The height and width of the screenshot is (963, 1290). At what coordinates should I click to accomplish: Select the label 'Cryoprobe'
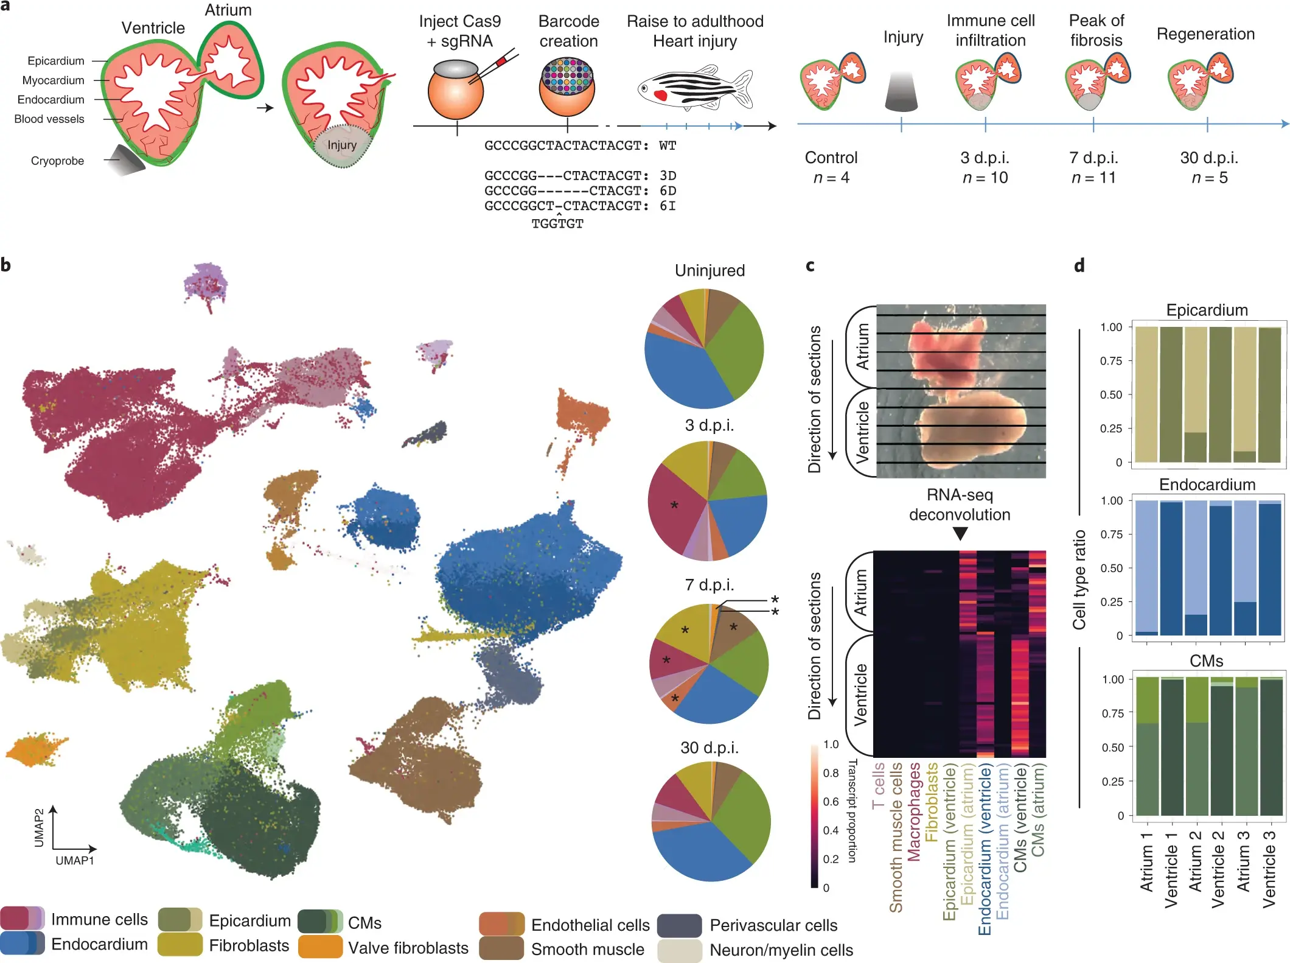click(x=57, y=161)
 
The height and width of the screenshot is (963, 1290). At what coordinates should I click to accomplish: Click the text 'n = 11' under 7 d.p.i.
click(x=1093, y=178)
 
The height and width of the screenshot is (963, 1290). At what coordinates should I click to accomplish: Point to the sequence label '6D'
click(x=668, y=191)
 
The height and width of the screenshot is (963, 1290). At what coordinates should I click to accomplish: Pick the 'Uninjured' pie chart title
click(x=709, y=270)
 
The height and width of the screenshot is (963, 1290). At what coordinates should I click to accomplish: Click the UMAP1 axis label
click(x=74, y=860)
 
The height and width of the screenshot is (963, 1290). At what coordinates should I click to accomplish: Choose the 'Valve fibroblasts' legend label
click(x=408, y=948)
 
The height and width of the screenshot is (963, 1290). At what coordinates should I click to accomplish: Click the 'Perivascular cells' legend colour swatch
click(x=680, y=925)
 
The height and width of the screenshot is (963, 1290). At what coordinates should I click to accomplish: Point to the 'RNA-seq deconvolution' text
click(x=960, y=505)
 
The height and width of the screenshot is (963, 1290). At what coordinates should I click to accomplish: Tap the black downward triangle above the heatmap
click(x=960, y=533)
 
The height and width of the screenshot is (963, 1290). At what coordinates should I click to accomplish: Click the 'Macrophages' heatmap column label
click(x=914, y=811)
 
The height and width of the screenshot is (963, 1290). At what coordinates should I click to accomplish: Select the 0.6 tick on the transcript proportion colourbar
click(x=831, y=801)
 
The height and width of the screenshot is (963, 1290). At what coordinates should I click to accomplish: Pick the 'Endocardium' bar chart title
click(x=1207, y=485)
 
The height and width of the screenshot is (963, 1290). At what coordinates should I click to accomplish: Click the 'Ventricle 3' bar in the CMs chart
click(x=1271, y=746)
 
